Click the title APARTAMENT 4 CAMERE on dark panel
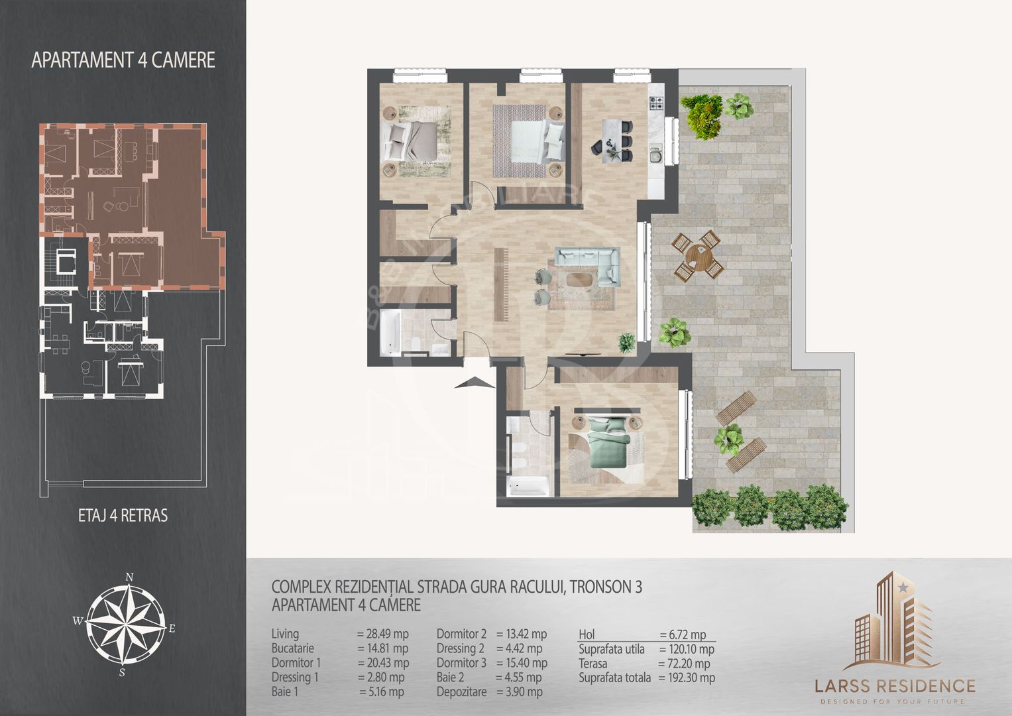[123, 60]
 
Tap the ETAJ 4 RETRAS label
[123, 515]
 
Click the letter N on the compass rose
[129, 577]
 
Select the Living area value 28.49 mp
[382, 634]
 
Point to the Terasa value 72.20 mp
[684, 664]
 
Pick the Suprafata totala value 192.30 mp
[687, 678]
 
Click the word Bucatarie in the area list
[293, 648]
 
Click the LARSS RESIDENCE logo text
[895, 686]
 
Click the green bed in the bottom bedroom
[608, 443]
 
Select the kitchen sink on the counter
[655, 154]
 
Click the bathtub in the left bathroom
[390, 332]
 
